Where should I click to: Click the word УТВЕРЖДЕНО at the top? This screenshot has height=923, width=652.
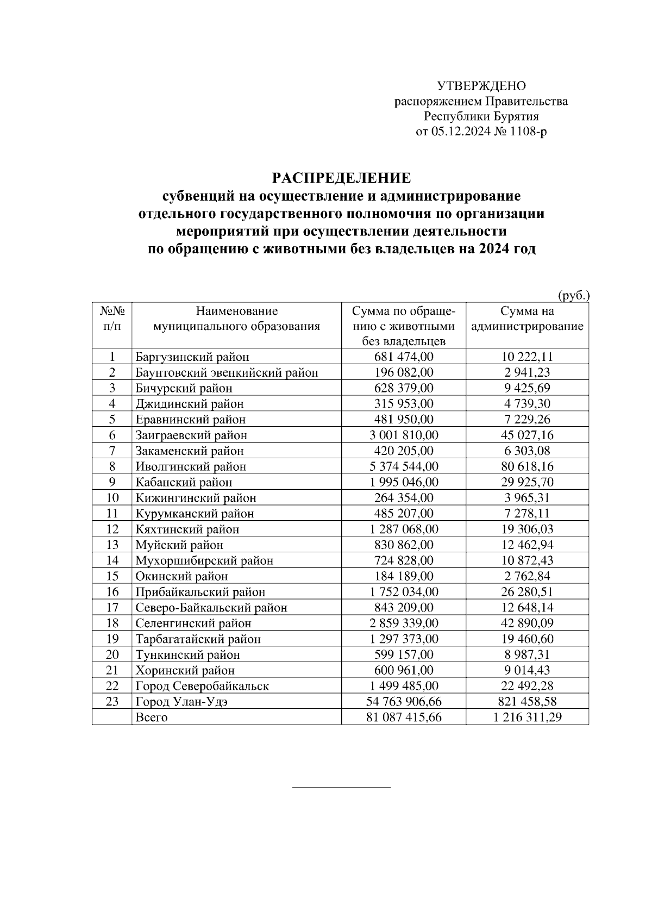pos(481,86)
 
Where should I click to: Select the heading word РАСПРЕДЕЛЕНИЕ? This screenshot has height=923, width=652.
pos(341,178)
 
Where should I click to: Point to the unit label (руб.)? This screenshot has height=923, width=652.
pos(574,295)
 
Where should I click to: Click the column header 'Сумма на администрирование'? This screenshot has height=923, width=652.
pos(527,319)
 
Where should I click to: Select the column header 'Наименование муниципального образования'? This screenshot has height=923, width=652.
pos(236,319)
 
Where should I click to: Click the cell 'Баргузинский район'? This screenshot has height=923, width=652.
pos(192,357)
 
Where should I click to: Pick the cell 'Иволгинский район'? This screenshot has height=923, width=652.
pos(191,466)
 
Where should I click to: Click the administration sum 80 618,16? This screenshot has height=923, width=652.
pos(527,466)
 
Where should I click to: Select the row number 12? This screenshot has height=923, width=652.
pos(112,529)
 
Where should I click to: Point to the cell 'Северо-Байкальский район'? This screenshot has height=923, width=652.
pos(211,608)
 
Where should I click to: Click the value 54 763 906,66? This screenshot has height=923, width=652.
pos(403,702)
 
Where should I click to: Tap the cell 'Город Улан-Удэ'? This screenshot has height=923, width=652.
pos(181,702)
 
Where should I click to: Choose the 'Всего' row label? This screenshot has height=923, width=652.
pos(152,718)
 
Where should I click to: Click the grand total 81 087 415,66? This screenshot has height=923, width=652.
pos(403,718)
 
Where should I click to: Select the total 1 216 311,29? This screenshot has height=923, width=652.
pos(527,718)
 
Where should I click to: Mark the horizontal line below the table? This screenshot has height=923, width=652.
pos(341,787)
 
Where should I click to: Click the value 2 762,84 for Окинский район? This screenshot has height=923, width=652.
pos(527,576)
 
